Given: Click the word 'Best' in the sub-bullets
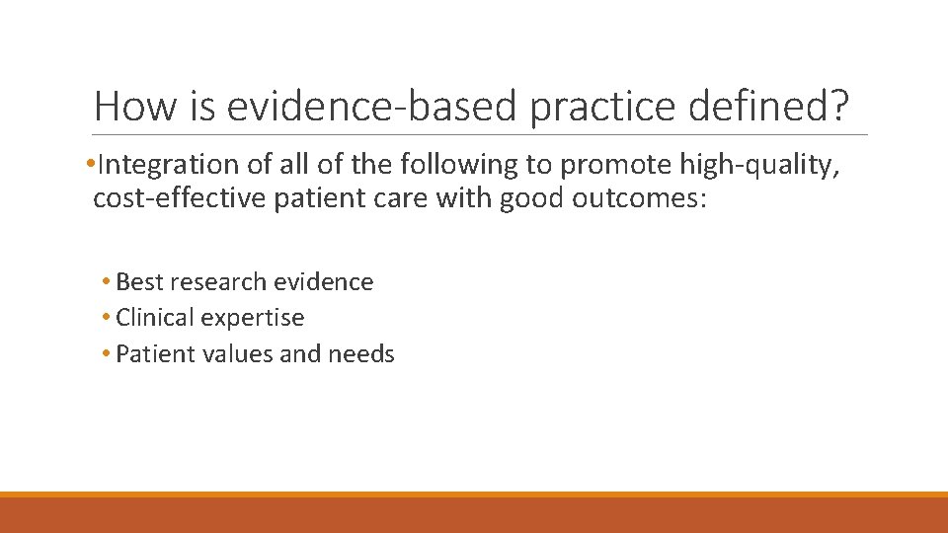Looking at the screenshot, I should pos(139,282).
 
